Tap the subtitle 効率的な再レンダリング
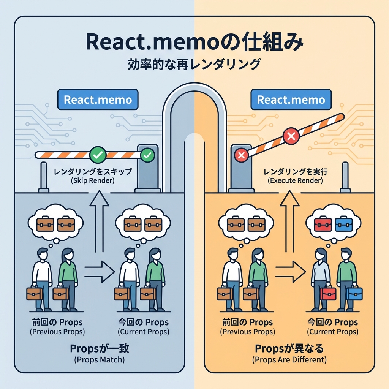(194, 63)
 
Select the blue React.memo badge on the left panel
(98, 100)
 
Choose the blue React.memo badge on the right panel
(291, 100)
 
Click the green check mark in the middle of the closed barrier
(97, 155)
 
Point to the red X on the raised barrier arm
(291, 136)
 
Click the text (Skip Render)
(93, 181)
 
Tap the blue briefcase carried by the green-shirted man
(355, 293)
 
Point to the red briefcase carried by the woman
(328, 293)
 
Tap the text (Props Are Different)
(289, 359)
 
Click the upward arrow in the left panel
(99, 220)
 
